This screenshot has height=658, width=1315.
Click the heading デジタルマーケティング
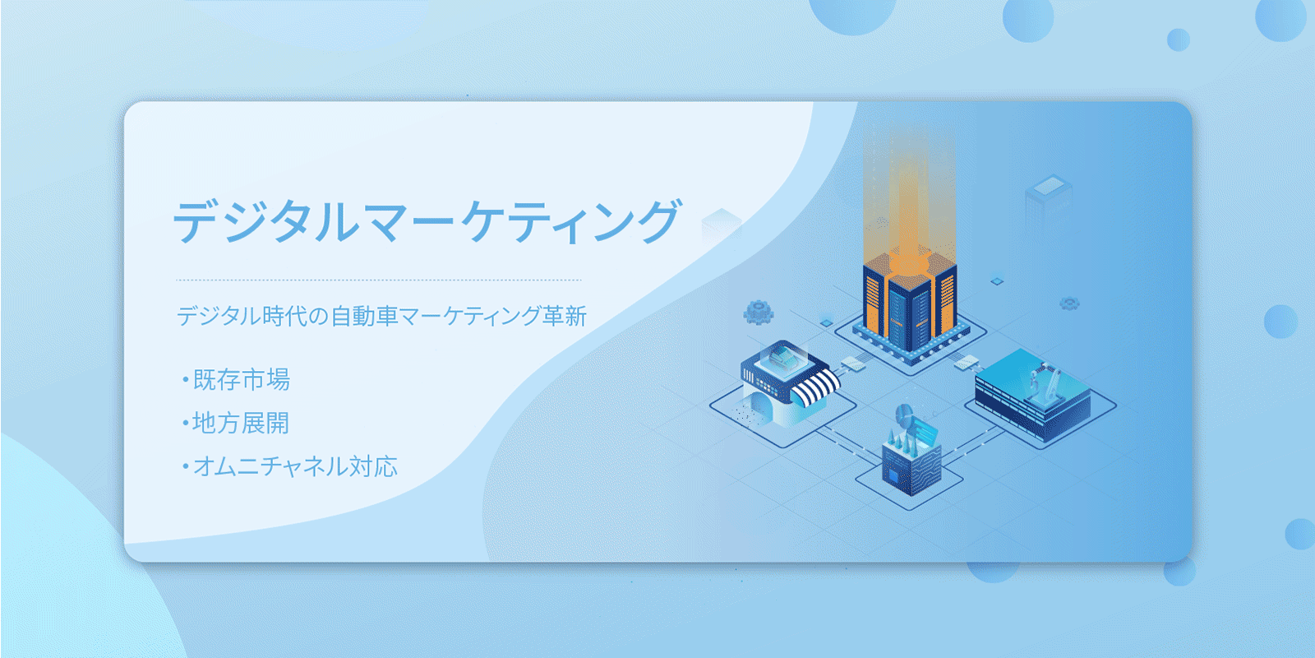(427, 221)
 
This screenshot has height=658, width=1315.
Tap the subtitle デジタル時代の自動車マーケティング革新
(381, 316)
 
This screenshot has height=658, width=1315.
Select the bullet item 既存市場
(236, 379)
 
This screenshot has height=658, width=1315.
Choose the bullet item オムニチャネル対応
(289, 466)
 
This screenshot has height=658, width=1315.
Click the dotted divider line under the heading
(379, 280)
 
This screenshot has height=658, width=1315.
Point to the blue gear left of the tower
(759, 313)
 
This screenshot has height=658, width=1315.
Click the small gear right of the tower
(1069, 304)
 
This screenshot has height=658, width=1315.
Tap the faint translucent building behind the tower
(1049, 202)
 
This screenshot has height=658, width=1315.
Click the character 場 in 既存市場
(279, 379)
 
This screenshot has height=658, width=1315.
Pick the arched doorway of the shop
(759, 406)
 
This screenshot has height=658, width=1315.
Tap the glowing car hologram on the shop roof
(784, 356)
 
